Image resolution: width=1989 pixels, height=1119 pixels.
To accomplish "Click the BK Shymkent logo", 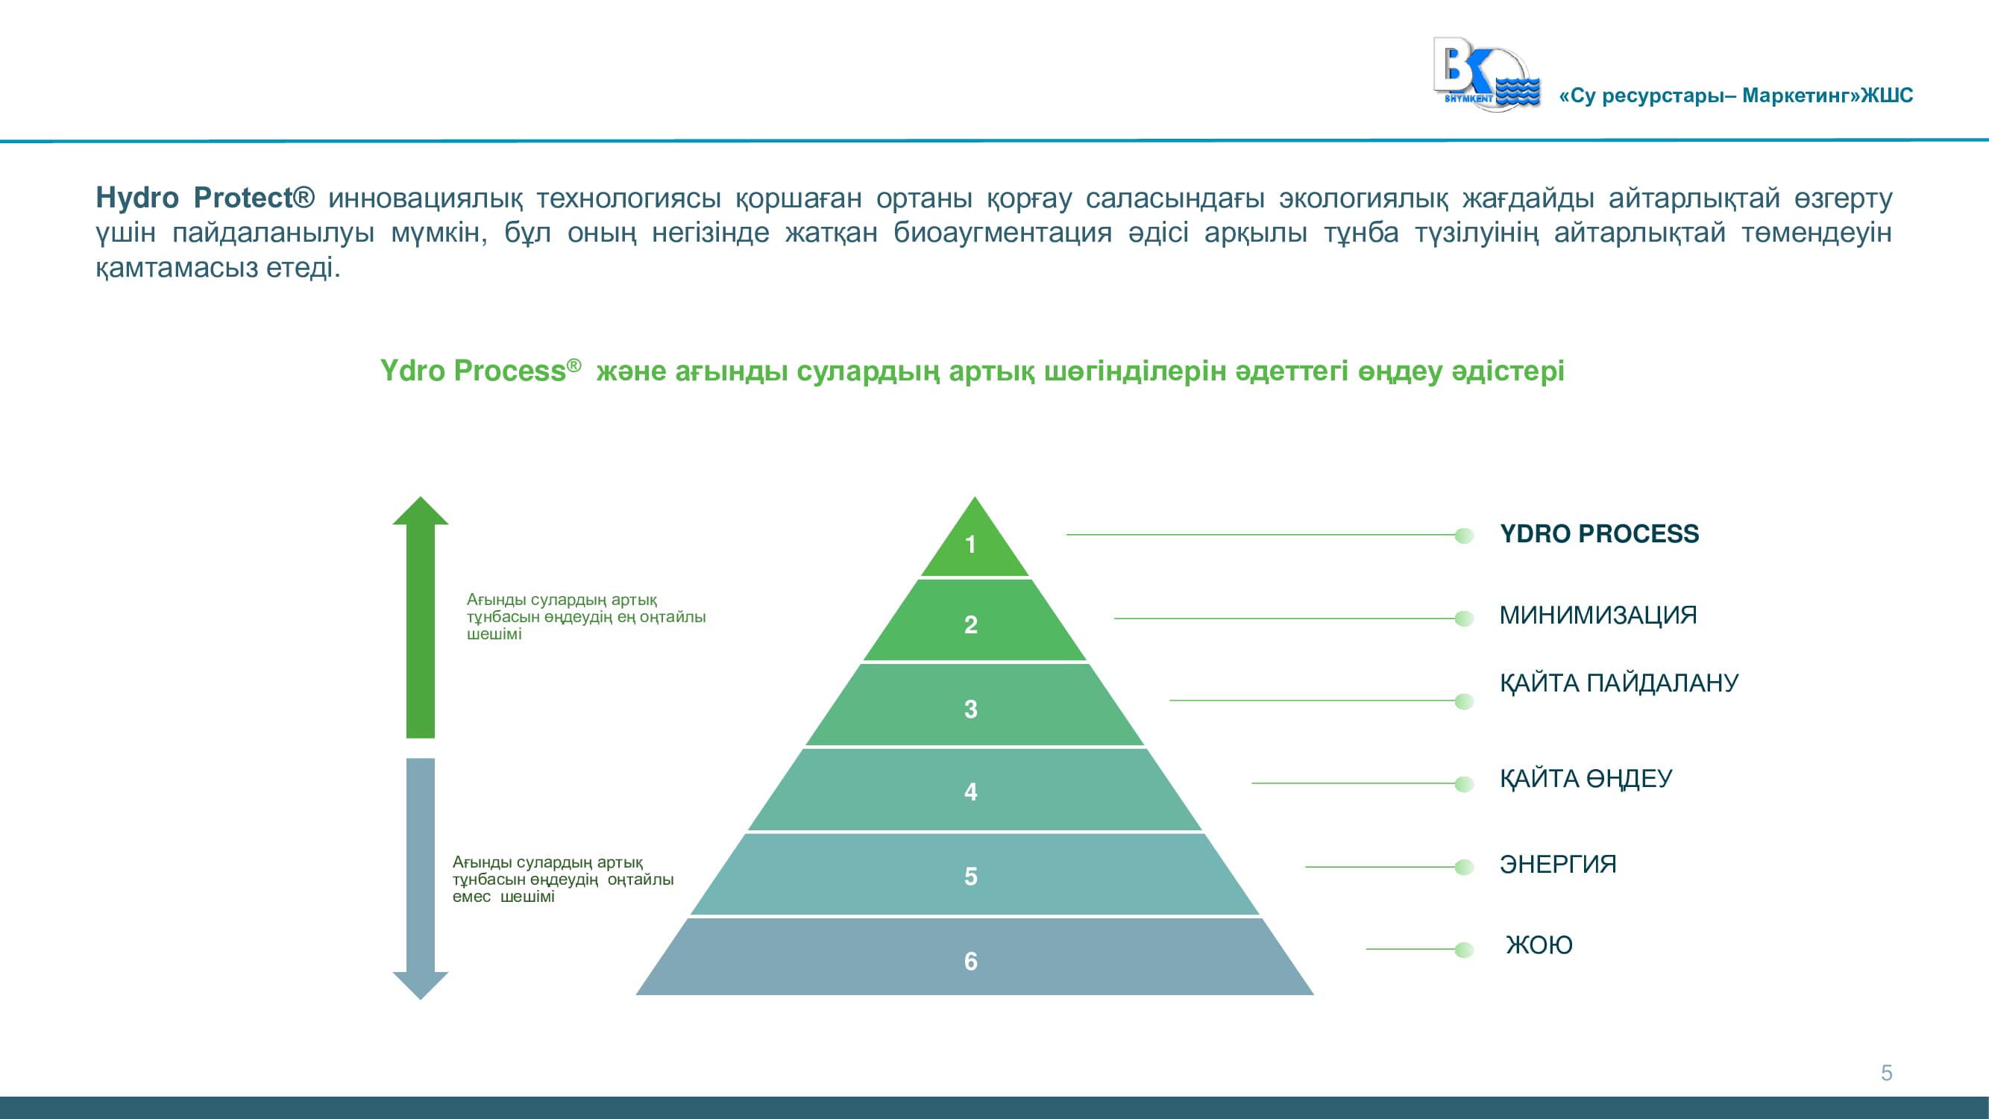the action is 1486,74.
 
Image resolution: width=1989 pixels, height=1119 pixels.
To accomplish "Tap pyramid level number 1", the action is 970,545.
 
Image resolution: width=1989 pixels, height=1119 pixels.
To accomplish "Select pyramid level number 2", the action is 970,624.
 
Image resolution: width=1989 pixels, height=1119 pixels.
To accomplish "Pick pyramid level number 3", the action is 970,709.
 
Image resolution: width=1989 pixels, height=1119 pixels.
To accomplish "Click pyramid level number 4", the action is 970,792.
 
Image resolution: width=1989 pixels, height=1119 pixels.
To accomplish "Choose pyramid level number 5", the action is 970,877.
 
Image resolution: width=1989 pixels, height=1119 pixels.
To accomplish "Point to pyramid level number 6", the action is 970,962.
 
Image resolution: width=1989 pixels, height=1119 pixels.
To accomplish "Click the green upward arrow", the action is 420,616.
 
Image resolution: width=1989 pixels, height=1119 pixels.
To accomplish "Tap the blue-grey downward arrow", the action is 420,879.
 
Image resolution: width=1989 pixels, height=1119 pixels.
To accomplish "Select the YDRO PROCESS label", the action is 1599,533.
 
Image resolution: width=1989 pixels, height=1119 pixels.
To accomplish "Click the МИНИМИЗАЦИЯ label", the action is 1598,615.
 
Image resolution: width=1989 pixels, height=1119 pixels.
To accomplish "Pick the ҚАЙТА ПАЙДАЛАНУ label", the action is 1619,683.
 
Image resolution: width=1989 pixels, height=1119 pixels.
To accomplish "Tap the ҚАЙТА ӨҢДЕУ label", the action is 1586,778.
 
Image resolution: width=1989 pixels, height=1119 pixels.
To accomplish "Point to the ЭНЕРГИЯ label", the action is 1558,864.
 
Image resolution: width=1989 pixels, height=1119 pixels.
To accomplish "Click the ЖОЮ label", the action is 1539,945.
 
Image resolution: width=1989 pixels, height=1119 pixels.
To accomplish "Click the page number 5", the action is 1886,1073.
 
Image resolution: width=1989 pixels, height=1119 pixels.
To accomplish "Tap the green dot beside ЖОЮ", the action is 1463,949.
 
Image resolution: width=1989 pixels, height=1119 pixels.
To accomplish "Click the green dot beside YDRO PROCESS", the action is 1463,535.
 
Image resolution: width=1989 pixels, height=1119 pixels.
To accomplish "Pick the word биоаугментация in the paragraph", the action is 1002,233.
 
